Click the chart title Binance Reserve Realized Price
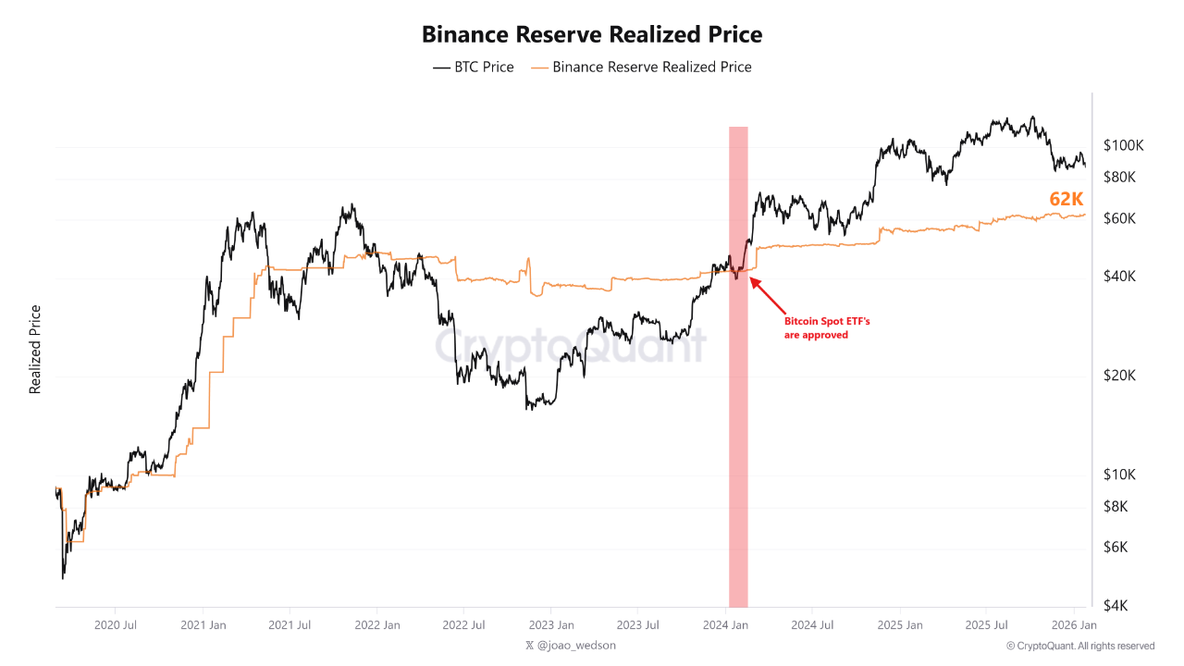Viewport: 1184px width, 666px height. [x=592, y=34]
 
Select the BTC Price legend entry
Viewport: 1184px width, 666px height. [x=473, y=67]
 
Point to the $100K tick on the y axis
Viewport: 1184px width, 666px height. [x=1124, y=145]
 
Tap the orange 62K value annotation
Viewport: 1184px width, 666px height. [x=1066, y=199]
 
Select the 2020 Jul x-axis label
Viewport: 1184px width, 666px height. [x=117, y=625]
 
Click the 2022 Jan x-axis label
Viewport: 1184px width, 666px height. [x=378, y=625]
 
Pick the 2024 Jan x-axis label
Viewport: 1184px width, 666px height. [x=726, y=625]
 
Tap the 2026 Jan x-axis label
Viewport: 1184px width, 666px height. [x=1074, y=625]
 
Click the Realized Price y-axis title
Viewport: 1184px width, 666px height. [x=35, y=350]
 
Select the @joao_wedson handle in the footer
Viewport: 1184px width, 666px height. [x=570, y=646]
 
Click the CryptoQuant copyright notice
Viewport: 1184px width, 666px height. [x=1079, y=646]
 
